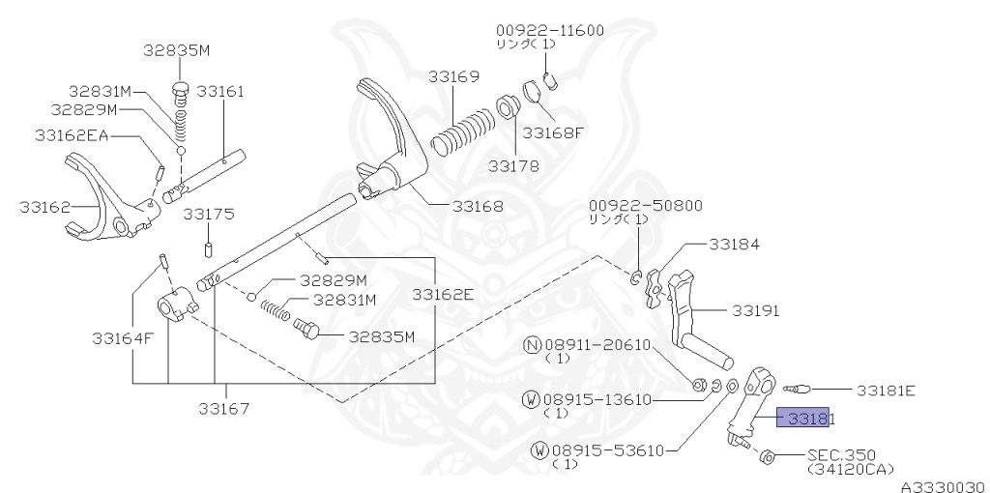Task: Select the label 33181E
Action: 885,391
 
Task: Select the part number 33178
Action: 512,166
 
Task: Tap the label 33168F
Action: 554,132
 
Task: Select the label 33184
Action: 735,245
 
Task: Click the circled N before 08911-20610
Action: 531,344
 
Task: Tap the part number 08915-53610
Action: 608,449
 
